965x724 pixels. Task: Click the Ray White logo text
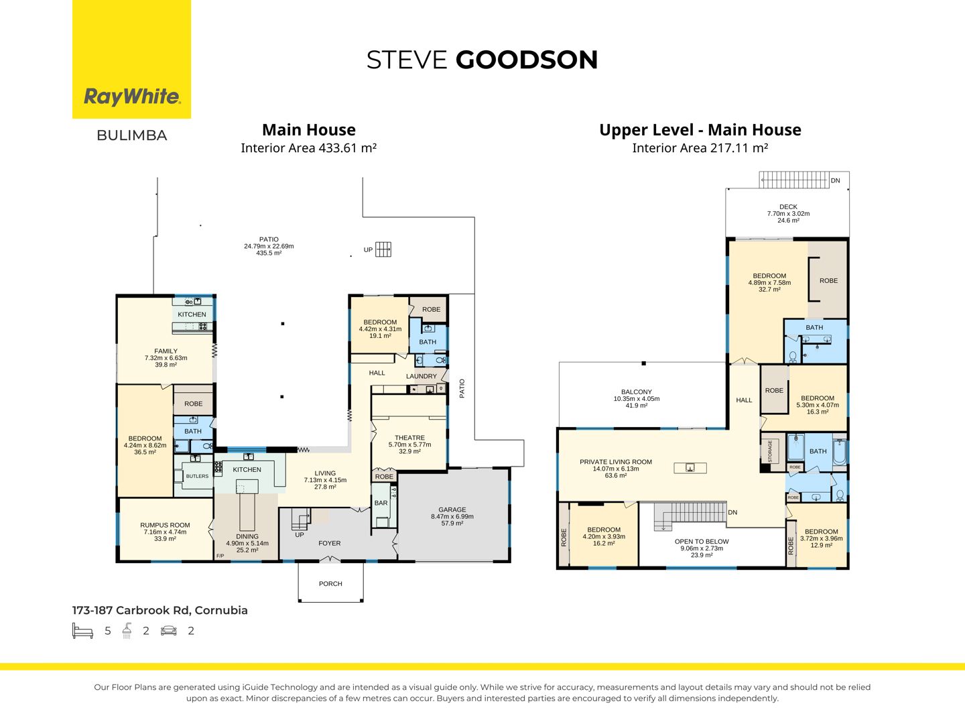pyautogui.click(x=132, y=97)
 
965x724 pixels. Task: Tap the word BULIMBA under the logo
pyautogui.click(x=132, y=135)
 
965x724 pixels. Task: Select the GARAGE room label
pyautogui.click(x=452, y=509)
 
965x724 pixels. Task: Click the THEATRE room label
pyautogui.click(x=409, y=438)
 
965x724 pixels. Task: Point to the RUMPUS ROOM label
pyautogui.click(x=165, y=525)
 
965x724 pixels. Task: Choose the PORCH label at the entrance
pyautogui.click(x=330, y=584)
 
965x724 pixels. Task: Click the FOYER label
pyautogui.click(x=330, y=543)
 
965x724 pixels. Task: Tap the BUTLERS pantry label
pyautogui.click(x=197, y=476)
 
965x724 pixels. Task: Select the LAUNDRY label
pyautogui.click(x=421, y=376)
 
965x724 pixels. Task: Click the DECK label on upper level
pyautogui.click(x=788, y=206)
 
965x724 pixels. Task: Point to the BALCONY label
pyautogui.click(x=637, y=391)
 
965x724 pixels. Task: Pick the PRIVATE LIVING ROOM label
pyautogui.click(x=615, y=462)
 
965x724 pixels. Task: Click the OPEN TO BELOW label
pyautogui.click(x=702, y=542)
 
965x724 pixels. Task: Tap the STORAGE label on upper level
pyautogui.click(x=770, y=451)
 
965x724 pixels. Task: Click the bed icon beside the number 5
pyautogui.click(x=82, y=631)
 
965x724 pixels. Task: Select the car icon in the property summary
pyautogui.click(x=169, y=631)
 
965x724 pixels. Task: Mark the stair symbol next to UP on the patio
pyautogui.click(x=383, y=249)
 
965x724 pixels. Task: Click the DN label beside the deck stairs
pyautogui.click(x=835, y=181)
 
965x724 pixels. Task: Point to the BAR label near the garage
pyautogui.click(x=381, y=503)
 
